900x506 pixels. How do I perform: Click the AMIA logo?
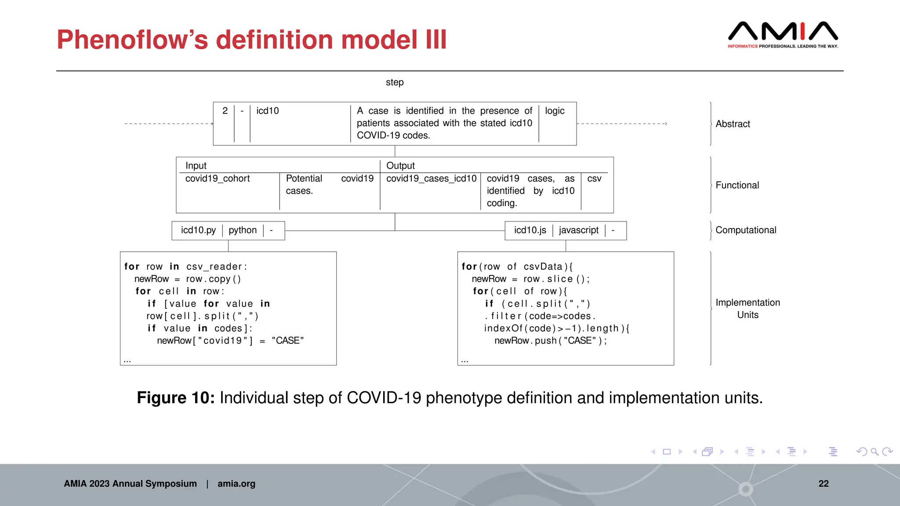(x=783, y=34)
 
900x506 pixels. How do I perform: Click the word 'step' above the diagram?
(x=395, y=83)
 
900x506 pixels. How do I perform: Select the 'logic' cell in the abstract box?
(x=555, y=111)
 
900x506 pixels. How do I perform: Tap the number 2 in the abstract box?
(x=225, y=111)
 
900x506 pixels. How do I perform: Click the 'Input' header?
(x=196, y=166)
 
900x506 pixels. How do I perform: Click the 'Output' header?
(x=400, y=166)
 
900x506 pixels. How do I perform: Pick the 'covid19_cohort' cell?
(x=218, y=179)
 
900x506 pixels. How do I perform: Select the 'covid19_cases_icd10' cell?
(x=431, y=179)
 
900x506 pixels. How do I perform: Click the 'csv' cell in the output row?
(x=594, y=179)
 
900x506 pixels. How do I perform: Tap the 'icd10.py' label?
(x=198, y=231)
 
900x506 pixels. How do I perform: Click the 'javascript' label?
(x=578, y=231)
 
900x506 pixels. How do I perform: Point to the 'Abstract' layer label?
(x=733, y=124)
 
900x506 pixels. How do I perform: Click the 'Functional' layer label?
(x=737, y=185)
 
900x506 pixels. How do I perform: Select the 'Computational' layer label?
(x=746, y=230)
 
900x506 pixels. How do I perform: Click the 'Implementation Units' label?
(x=748, y=309)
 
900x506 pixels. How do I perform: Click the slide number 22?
(x=824, y=484)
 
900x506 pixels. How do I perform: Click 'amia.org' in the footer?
(x=236, y=484)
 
